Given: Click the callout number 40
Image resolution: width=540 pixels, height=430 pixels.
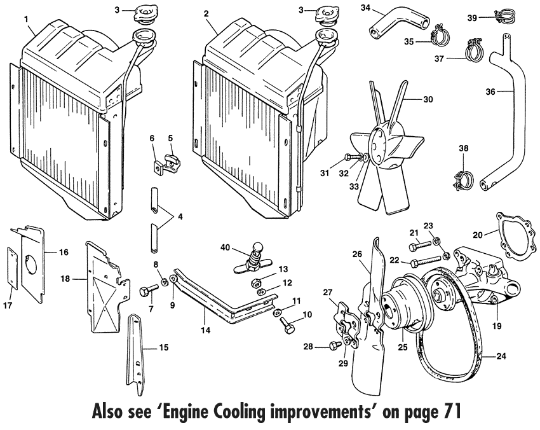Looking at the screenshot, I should pyautogui.click(x=226, y=247).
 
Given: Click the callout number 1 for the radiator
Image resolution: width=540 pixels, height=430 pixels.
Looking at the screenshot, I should pyautogui.click(x=26, y=18).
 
